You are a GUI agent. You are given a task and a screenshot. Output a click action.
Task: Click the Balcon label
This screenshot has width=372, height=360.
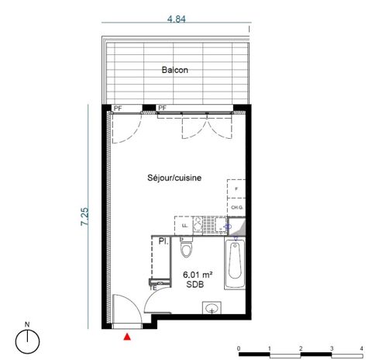pyautogui.click(x=175, y=71)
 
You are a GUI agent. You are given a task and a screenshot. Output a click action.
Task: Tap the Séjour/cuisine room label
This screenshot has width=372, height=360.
pyautogui.click(x=174, y=178)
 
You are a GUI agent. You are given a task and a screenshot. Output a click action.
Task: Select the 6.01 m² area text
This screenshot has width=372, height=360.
pyautogui.click(x=197, y=275)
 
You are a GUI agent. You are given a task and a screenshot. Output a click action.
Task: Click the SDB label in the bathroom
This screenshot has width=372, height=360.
pyautogui.click(x=195, y=286)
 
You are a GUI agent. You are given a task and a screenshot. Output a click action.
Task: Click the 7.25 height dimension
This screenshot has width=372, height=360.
pyautogui.click(x=84, y=216)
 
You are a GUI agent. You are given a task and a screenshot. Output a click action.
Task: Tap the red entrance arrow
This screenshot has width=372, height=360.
pyautogui.click(x=128, y=336)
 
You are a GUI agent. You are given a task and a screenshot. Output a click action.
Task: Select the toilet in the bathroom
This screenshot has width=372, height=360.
pyautogui.click(x=185, y=250)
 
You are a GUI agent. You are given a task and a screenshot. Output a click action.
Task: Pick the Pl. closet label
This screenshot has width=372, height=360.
pyautogui.click(x=164, y=241)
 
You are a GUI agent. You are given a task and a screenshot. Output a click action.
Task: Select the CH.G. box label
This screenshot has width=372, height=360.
pyautogui.click(x=236, y=208)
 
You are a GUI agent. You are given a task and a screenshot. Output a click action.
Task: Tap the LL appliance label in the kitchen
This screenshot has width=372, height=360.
pyautogui.click(x=184, y=226)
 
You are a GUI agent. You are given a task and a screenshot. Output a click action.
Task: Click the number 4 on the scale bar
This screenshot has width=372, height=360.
pyautogui.click(x=362, y=348)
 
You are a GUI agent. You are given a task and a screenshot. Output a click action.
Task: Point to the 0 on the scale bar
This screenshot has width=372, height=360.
pyautogui.click(x=239, y=348)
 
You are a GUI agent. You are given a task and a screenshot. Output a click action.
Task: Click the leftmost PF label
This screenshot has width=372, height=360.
pyautogui.click(x=117, y=108)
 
